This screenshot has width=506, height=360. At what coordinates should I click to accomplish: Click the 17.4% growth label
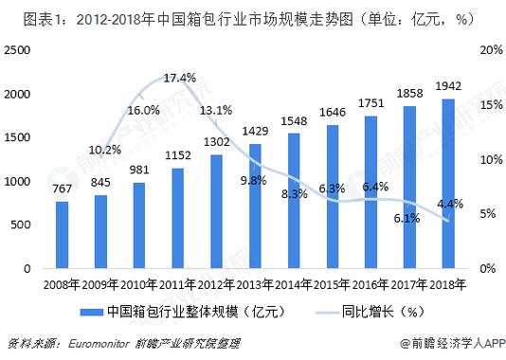click(x=179, y=77)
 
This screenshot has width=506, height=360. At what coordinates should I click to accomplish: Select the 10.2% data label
click(x=105, y=150)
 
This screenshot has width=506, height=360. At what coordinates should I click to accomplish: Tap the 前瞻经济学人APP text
click(x=452, y=343)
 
